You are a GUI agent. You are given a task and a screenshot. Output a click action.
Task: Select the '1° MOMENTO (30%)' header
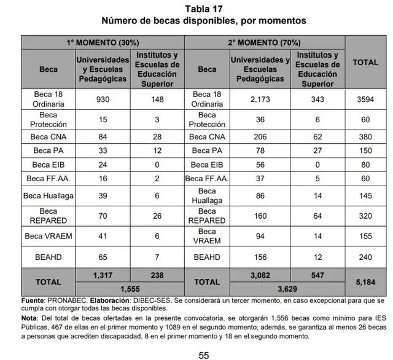[x=102, y=43]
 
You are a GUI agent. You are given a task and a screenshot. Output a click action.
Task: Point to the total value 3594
[x=365, y=100]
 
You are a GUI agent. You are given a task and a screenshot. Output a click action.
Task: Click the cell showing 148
[x=156, y=100]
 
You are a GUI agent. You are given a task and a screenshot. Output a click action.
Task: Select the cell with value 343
[x=317, y=100]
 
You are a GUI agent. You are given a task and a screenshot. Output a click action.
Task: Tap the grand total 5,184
[x=365, y=281]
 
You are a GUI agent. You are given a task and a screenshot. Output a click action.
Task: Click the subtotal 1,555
[x=128, y=288]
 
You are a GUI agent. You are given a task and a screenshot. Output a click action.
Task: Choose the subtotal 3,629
[x=287, y=288]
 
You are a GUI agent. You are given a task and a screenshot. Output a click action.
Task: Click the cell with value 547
[x=317, y=276]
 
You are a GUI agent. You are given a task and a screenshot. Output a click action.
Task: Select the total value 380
[x=365, y=137]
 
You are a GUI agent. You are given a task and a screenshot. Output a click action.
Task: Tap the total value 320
[x=365, y=216]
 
